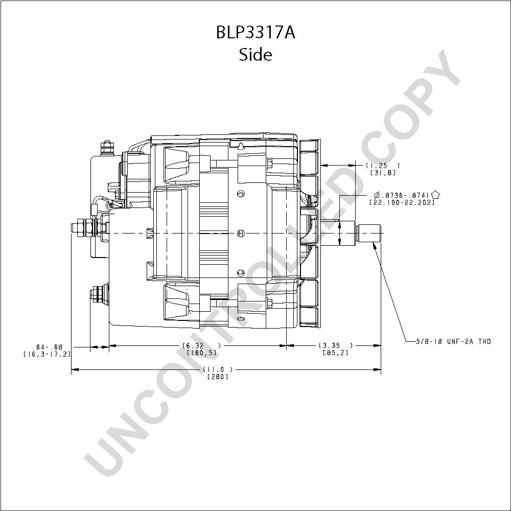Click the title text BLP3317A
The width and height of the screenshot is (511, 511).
[x=255, y=33]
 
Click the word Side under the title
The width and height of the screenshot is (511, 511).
[x=255, y=55]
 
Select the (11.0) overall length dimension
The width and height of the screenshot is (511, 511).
[x=218, y=369]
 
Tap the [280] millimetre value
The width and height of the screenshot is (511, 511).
[x=218, y=377]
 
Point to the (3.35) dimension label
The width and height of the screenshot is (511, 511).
[x=335, y=345]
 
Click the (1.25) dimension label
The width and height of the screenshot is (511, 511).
[x=382, y=166]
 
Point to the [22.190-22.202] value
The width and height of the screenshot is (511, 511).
[x=402, y=202]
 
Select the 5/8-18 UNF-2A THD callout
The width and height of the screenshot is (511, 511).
[x=453, y=341]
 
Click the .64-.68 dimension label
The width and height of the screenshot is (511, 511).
[x=47, y=347]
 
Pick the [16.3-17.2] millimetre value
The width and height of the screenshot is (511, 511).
[x=47, y=354]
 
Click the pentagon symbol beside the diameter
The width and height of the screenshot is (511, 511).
[x=435, y=195]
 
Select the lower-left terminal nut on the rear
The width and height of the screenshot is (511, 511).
[x=98, y=295]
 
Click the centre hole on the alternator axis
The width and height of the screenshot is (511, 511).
[x=240, y=234]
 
